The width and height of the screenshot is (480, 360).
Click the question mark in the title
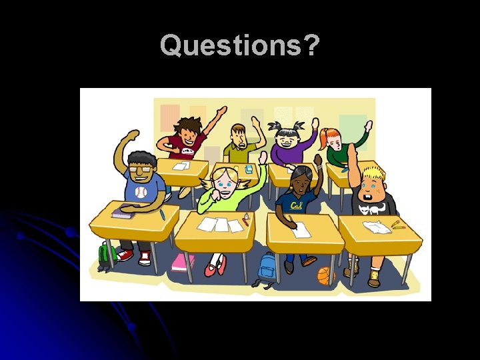pyautogui.click(x=311, y=45)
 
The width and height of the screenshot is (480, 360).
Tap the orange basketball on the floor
pyautogui.click(x=326, y=275)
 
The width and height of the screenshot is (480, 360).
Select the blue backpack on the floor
pyautogui.click(x=267, y=268)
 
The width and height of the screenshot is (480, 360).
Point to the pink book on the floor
pyautogui.click(x=182, y=263)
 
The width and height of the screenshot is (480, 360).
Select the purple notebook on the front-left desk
pyautogui.click(x=124, y=212)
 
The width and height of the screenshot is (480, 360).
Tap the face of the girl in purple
pyautogui.click(x=288, y=141)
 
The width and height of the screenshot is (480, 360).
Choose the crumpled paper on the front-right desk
pyautogui.click(x=377, y=227)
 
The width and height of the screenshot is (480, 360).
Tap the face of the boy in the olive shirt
pyautogui.click(x=239, y=139)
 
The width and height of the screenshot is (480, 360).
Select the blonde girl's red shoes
pyautogui.click(x=215, y=269)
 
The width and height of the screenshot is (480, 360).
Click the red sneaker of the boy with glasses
pyautogui.click(x=124, y=255)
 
